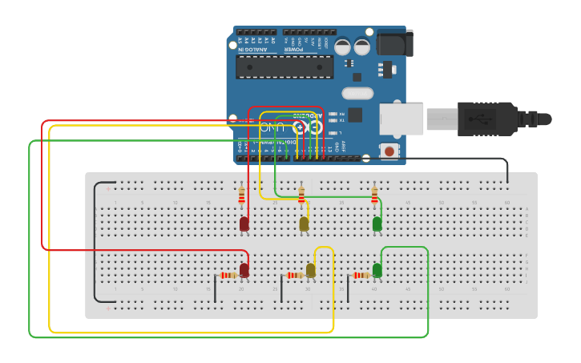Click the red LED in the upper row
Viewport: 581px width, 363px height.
coord(244,224)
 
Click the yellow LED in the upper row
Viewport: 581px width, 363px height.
coord(304,224)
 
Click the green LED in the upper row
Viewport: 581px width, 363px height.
coord(377,224)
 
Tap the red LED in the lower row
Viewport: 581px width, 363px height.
coord(244,271)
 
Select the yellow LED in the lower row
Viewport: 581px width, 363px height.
coord(311,271)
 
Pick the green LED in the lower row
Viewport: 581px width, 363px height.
coord(377,271)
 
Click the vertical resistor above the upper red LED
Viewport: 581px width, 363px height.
coord(242,196)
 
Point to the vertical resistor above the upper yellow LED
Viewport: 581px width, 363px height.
coord(301,196)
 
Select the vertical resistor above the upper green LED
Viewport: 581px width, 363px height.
coord(374,196)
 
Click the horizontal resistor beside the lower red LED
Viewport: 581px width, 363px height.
coord(228,276)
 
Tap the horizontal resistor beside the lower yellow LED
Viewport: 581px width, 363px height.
coord(295,276)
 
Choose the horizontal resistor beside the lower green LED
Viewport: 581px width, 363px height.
coord(361,276)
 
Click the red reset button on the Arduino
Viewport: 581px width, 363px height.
coord(389,151)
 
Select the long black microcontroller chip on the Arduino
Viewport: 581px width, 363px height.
coord(284,67)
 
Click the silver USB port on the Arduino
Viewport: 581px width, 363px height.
coord(401,119)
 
